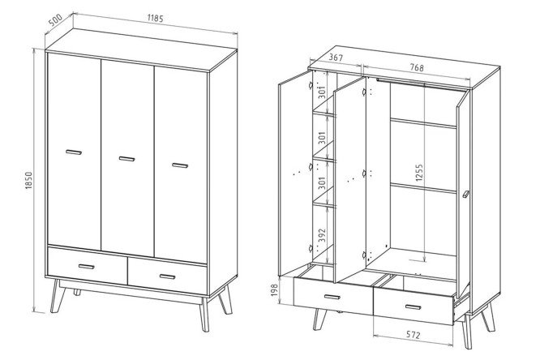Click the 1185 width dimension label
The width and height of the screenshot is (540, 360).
(x=155, y=18)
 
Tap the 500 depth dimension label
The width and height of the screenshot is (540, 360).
(x=55, y=20)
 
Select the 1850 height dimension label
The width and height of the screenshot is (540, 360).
(x=28, y=180)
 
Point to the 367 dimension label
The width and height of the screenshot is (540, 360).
(x=336, y=58)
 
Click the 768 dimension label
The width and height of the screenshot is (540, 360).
(x=417, y=67)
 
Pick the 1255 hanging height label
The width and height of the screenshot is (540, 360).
(x=418, y=173)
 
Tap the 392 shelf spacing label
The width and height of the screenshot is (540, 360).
(x=322, y=235)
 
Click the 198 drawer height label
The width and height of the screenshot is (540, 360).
(x=274, y=290)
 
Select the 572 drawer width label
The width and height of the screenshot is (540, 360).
(x=413, y=335)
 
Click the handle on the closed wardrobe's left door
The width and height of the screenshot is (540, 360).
(x=74, y=152)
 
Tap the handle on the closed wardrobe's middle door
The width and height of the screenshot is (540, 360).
(x=126, y=158)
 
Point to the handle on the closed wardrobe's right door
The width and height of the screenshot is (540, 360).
(x=180, y=165)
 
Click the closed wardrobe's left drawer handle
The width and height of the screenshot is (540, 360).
(x=87, y=266)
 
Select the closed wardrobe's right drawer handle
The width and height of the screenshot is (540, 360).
(x=167, y=276)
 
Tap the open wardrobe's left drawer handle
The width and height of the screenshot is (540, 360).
(x=332, y=297)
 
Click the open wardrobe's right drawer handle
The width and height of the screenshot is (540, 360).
(x=414, y=307)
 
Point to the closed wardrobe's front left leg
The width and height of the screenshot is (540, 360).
(x=58, y=296)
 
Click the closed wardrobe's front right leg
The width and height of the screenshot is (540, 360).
(x=204, y=314)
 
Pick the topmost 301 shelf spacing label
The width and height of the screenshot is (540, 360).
(x=322, y=92)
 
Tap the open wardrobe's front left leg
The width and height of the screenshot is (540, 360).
(x=319, y=319)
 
